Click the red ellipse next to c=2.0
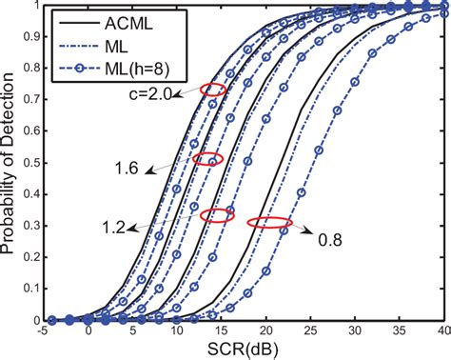coord(214,90)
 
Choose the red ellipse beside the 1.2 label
coord(218,216)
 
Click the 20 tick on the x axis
coord(265,332)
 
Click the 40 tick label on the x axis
coord(441,332)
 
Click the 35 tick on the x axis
coord(397,332)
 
